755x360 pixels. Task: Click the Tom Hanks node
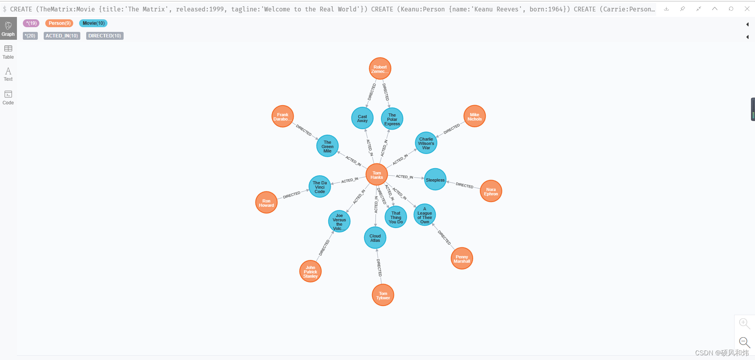[376, 175]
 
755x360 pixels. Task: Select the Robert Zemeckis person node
[380, 69]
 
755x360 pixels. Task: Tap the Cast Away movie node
[362, 118]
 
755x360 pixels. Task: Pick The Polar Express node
[392, 119]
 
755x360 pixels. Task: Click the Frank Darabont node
[283, 117]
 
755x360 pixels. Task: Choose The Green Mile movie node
[327, 146]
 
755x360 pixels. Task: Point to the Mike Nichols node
[474, 117]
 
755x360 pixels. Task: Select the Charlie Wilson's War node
[426, 143]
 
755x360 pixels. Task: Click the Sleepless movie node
[435, 180]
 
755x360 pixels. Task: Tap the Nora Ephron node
[491, 191]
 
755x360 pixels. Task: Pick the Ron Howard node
[266, 202]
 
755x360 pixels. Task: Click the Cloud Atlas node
[375, 238]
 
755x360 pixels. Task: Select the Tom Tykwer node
[383, 295]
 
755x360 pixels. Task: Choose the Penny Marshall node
[462, 259]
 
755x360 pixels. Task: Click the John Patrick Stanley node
[311, 271]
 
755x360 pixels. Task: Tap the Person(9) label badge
[59, 23]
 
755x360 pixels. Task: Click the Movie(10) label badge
[93, 23]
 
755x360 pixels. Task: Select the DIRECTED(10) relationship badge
[105, 36]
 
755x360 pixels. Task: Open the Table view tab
[8, 52]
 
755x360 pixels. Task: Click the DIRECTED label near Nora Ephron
[464, 185]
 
